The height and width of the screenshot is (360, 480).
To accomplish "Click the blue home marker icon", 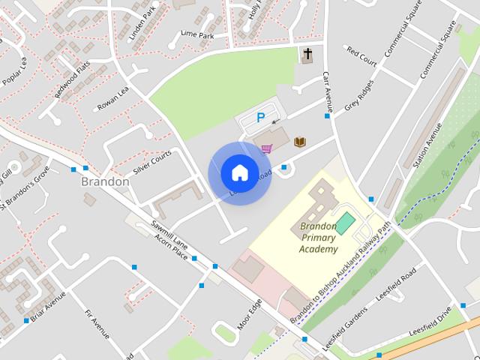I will pyautogui.click(x=238, y=172).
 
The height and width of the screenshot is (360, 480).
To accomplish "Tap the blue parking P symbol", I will pyautogui.click(x=261, y=118).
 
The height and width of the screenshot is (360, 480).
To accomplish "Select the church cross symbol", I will pyautogui.click(x=307, y=54).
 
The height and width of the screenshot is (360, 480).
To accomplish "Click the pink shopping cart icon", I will pyautogui.click(x=266, y=148).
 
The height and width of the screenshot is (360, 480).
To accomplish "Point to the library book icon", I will pyautogui.click(x=300, y=142).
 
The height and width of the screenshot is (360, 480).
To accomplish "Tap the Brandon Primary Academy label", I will pyautogui.click(x=319, y=237).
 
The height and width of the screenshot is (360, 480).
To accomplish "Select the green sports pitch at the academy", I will pyautogui.click(x=346, y=223).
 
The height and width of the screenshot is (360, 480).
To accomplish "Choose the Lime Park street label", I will pyautogui.click(x=198, y=34).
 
